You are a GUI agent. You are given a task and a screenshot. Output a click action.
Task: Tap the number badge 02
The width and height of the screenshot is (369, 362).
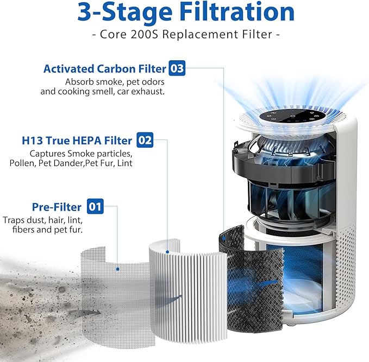tap(145, 140)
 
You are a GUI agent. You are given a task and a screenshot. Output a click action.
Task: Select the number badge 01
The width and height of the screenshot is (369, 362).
tap(95, 207)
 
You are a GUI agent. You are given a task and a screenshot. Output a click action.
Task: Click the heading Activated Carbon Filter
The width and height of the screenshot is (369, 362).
tap(104, 69)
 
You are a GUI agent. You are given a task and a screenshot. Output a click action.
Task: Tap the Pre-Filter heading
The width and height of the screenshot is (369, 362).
tap(57, 207)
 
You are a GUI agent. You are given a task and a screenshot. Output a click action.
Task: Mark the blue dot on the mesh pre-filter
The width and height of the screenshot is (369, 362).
tap(118, 267)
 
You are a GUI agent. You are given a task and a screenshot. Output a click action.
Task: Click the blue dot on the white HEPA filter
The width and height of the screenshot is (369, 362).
tap(168, 251)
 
